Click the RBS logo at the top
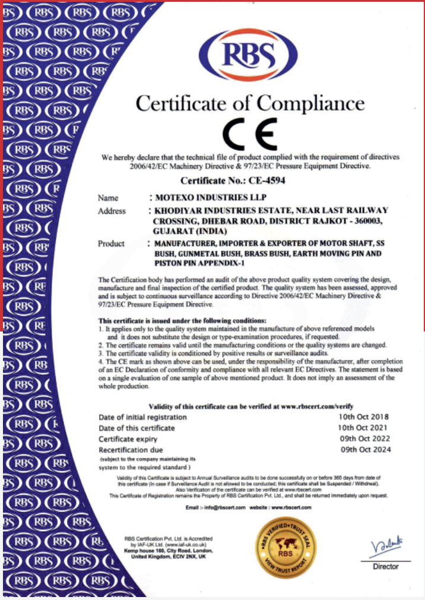(x=248, y=54)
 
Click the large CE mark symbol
(x=249, y=134)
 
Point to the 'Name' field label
(x=108, y=198)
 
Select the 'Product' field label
(x=111, y=244)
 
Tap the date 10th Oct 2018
(x=363, y=417)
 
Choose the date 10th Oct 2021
(x=363, y=428)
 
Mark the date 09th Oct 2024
(x=366, y=450)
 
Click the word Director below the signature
(x=386, y=567)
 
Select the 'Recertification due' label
(x=131, y=450)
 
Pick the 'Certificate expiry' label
(x=128, y=439)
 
